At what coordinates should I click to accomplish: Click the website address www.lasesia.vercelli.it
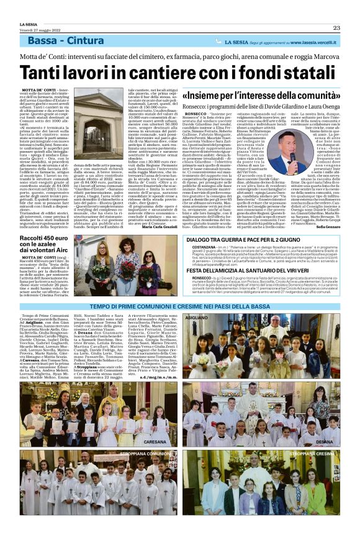316,42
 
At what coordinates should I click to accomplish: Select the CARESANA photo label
155,441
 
